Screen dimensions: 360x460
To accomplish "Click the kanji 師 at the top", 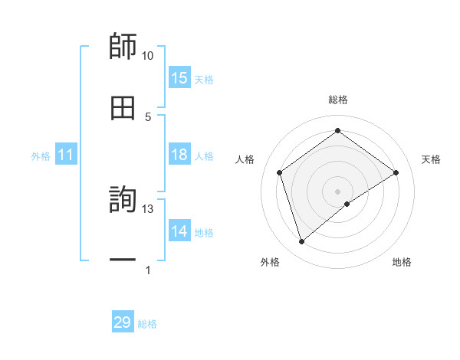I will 123,47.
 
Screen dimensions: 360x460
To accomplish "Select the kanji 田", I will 123,109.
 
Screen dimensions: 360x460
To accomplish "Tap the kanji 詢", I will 123,201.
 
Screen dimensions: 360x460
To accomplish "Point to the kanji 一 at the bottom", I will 123,260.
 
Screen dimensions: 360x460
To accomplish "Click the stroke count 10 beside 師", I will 147,56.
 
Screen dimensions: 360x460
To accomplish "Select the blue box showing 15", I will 179,78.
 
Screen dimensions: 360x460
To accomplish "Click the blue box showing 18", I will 179,155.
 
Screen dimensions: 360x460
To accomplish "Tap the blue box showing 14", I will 179,231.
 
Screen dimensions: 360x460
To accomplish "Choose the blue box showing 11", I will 66,155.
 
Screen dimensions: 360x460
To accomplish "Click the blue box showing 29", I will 123,322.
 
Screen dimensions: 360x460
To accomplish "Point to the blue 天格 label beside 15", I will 204,79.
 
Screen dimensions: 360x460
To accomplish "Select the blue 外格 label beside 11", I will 41,156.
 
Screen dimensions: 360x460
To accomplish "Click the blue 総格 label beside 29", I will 147,323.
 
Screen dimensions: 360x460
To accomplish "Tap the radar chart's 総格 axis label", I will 337,100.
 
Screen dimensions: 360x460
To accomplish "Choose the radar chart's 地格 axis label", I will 402,262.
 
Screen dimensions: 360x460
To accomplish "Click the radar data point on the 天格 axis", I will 396,172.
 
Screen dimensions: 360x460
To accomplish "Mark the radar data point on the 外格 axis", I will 301,242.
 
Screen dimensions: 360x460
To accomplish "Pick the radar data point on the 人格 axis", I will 280,172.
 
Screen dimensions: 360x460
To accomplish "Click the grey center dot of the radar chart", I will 337,191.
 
